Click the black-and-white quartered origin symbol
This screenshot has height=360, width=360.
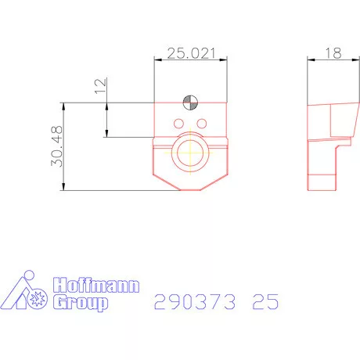click(x=189, y=101)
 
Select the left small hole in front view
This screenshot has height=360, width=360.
click(x=179, y=124)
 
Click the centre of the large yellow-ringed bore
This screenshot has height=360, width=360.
click(x=189, y=152)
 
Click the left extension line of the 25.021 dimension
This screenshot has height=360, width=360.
click(x=154, y=78)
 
